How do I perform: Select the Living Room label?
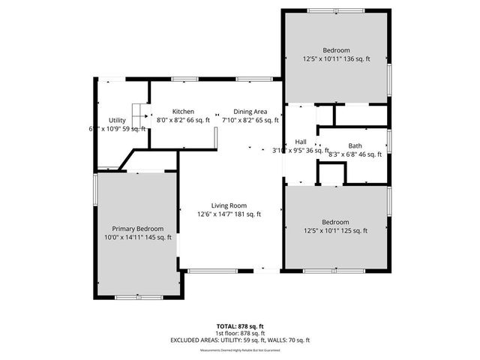(x=229, y=205)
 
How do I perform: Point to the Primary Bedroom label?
(x=138, y=229)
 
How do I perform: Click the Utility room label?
(x=117, y=120)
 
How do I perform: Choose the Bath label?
(x=355, y=145)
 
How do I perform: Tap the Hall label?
(x=301, y=142)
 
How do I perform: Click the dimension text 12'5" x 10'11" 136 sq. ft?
(x=336, y=58)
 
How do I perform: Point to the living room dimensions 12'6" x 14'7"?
(x=229, y=214)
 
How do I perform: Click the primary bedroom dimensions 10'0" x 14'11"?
(x=138, y=238)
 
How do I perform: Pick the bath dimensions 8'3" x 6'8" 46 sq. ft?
(x=355, y=154)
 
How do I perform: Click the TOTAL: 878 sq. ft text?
(x=240, y=326)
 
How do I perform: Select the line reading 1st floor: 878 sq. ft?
(x=240, y=333)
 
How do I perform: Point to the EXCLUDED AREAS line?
(x=240, y=340)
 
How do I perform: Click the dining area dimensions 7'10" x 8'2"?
(x=250, y=120)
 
